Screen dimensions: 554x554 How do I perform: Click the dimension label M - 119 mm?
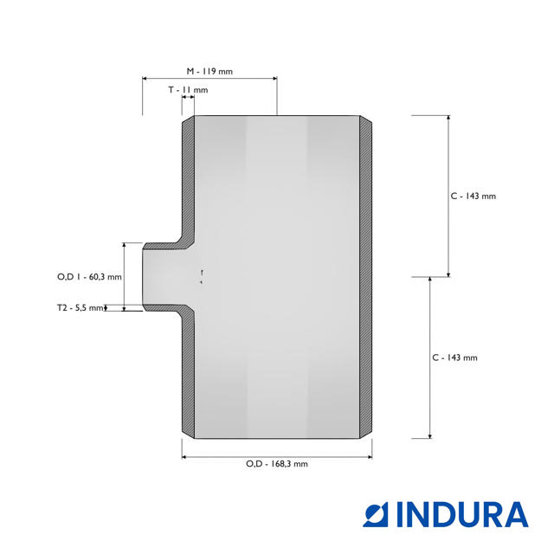[209, 71]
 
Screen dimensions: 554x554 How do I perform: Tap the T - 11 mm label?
[188, 90]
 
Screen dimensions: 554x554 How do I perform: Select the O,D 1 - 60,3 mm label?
[89, 277]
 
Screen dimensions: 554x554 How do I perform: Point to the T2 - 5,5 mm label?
[81, 308]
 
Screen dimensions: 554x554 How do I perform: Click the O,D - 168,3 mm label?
[277, 464]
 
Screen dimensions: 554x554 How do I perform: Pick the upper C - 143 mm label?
[473, 196]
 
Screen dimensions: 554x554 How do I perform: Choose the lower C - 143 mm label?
[454, 358]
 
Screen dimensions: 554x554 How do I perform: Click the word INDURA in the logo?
[462, 514]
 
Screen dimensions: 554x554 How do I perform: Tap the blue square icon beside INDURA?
[376, 514]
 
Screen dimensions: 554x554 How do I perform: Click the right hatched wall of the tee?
[365, 277]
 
